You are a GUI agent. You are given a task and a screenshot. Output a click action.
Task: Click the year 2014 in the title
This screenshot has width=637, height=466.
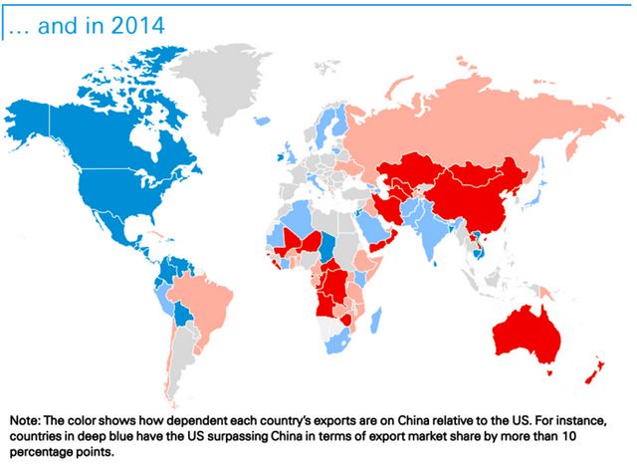click(138, 21)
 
